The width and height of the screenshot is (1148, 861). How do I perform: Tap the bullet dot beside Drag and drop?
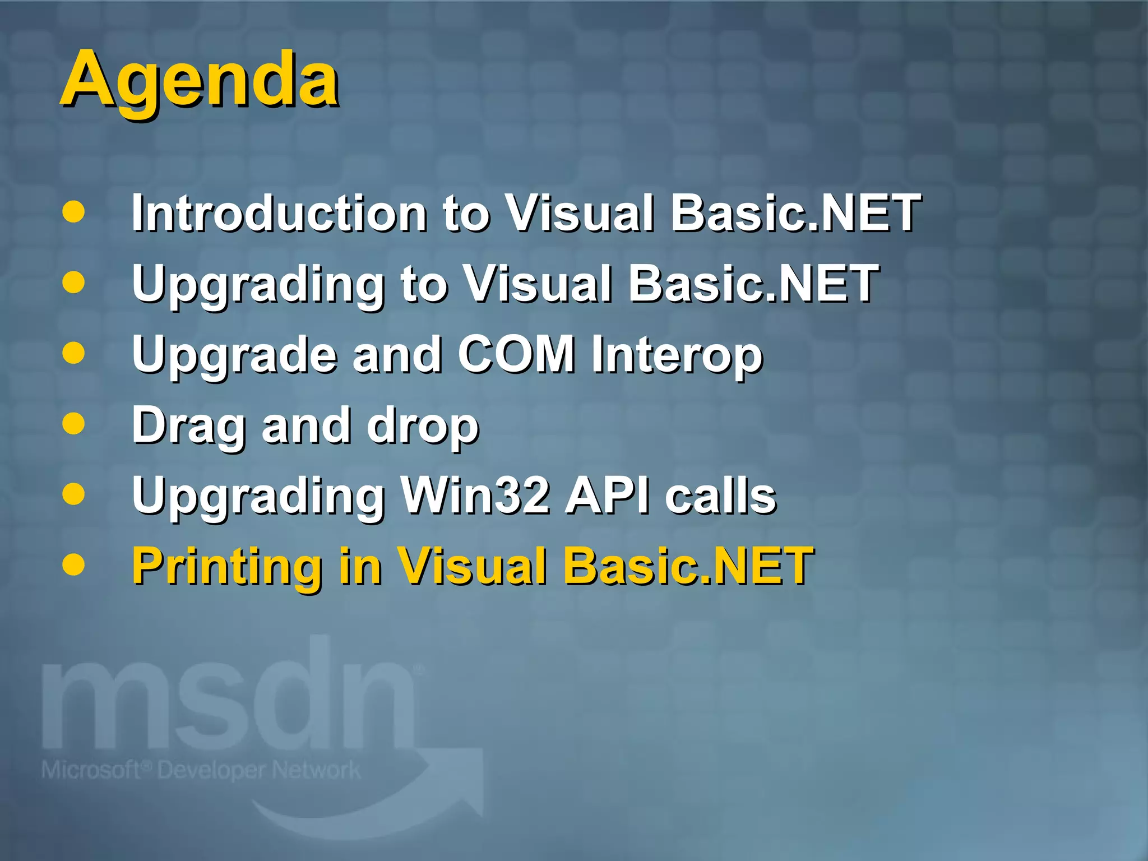(x=73, y=424)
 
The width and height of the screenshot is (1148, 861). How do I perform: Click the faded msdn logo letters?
(x=230, y=701)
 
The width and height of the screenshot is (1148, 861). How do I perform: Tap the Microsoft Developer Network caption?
(x=201, y=770)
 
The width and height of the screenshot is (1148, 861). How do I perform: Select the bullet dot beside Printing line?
(x=73, y=564)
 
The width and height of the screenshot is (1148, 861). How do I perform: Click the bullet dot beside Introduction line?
(x=73, y=212)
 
